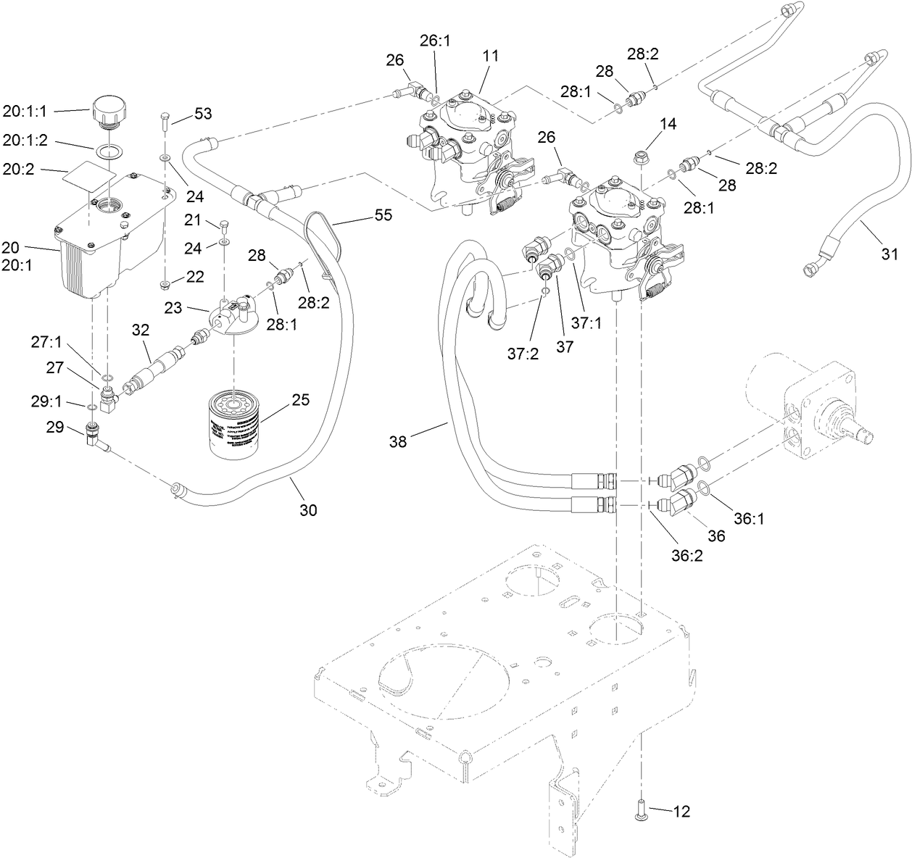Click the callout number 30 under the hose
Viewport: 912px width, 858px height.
click(x=308, y=510)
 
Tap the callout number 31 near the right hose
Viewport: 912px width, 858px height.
click(x=890, y=254)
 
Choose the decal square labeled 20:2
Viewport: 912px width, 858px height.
click(x=86, y=174)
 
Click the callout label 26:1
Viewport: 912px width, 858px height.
click(x=435, y=41)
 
